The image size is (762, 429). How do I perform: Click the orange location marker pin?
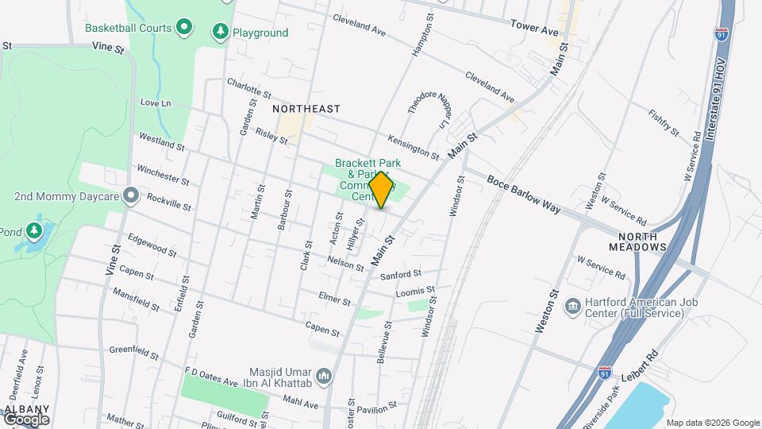click(x=381, y=190)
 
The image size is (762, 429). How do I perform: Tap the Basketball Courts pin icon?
click(x=184, y=28)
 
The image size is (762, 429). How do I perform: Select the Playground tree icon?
click(x=220, y=33)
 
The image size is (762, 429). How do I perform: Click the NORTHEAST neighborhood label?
click(x=306, y=109)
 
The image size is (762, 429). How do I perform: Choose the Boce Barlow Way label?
click(x=524, y=194)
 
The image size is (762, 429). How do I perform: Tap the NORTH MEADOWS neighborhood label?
click(x=637, y=242)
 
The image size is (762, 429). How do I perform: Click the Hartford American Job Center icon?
click(x=572, y=307)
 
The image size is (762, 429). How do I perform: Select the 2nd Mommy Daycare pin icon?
click(x=132, y=195)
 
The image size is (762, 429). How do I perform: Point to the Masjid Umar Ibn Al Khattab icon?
click(x=323, y=375)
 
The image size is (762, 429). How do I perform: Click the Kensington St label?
click(x=414, y=144)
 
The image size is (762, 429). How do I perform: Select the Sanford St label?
click(x=399, y=275)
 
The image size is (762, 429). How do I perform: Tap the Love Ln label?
click(x=156, y=102)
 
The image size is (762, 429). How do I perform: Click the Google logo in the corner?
click(x=26, y=419)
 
